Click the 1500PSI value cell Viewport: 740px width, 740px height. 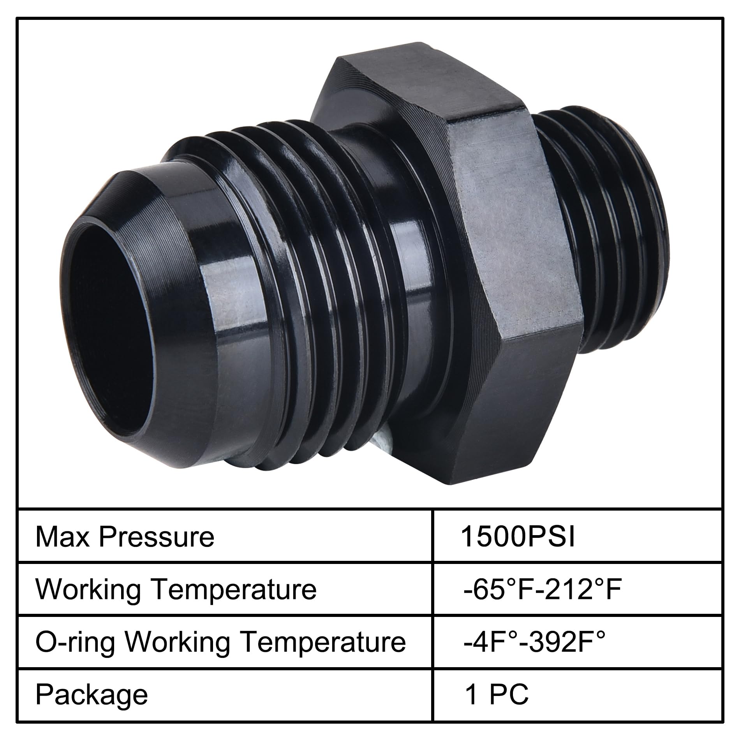(x=517, y=537)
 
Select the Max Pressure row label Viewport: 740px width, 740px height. (x=125, y=537)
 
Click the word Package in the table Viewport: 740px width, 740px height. (x=92, y=694)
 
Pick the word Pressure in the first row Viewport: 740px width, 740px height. (x=156, y=537)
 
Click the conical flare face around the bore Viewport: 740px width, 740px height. (x=183, y=312)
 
